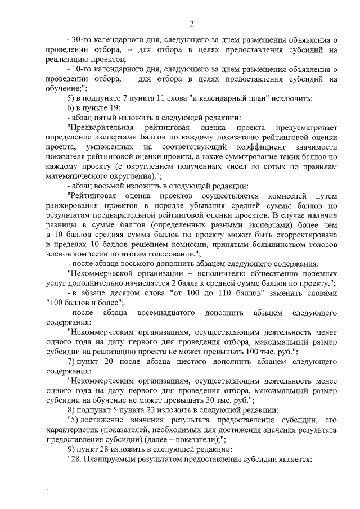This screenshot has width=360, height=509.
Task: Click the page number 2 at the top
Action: tap(191, 24)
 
